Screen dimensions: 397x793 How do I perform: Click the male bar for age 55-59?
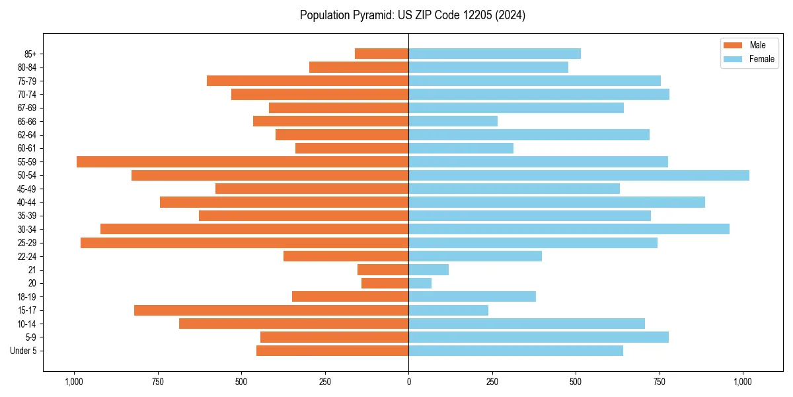pyautogui.click(x=243, y=161)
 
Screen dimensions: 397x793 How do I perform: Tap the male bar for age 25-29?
pyautogui.click(x=245, y=243)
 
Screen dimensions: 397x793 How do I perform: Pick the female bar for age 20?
pyautogui.click(x=420, y=283)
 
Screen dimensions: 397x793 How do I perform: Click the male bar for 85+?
pyautogui.click(x=382, y=54)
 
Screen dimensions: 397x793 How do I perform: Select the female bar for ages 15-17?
pyautogui.click(x=449, y=310)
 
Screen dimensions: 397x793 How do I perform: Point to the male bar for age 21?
pyautogui.click(x=383, y=270)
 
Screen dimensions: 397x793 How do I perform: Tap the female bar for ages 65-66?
pyautogui.click(x=453, y=121)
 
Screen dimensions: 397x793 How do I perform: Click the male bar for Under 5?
pyautogui.click(x=332, y=351)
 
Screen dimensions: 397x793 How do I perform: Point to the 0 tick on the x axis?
pyautogui.click(x=408, y=382)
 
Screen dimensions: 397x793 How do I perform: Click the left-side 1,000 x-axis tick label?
pyautogui.click(x=73, y=382)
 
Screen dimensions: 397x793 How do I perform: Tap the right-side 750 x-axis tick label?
pyautogui.click(x=660, y=382)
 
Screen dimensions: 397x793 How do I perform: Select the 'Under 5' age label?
pyautogui.click(x=23, y=351)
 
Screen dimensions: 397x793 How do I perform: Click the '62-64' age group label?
pyautogui.click(x=27, y=135)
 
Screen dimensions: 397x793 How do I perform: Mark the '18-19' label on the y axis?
pyautogui.click(x=27, y=297)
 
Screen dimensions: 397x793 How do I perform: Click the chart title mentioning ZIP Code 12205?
pyautogui.click(x=412, y=15)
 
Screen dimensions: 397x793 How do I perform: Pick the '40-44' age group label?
pyautogui.click(x=27, y=202)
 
